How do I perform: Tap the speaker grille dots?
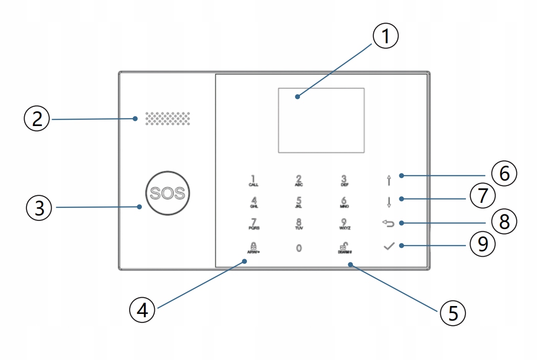168,119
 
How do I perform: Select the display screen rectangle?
321,120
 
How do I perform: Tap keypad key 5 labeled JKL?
299,203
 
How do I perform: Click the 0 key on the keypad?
299,248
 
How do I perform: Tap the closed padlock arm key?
253,247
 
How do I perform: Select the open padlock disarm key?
345,247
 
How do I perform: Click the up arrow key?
389,180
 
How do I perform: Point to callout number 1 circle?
386,37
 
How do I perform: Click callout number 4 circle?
142,309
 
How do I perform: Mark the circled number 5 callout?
452,312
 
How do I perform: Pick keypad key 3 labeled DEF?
345,180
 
